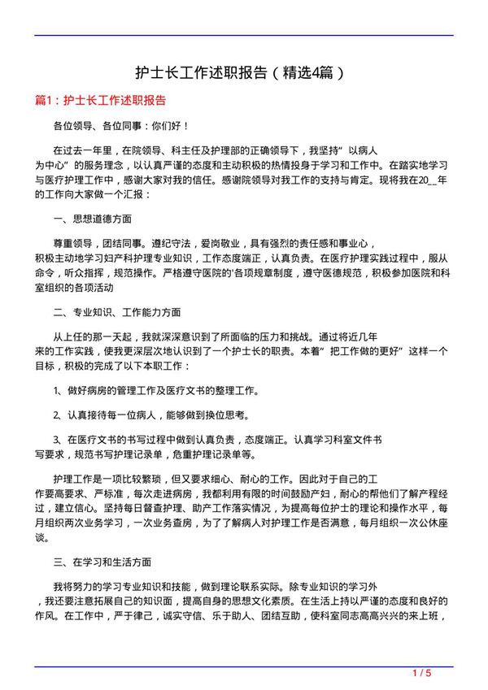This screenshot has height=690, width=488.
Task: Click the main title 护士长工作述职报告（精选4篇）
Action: click(x=244, y=72)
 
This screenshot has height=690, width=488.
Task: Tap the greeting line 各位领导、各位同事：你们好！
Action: click(x=121, y=126)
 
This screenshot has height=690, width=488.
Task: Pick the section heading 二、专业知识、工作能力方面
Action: click(x=117, y=311)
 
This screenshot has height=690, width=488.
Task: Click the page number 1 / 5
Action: click(x=421, y=674)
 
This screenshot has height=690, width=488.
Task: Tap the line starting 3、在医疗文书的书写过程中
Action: click(x=218, y=439)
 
